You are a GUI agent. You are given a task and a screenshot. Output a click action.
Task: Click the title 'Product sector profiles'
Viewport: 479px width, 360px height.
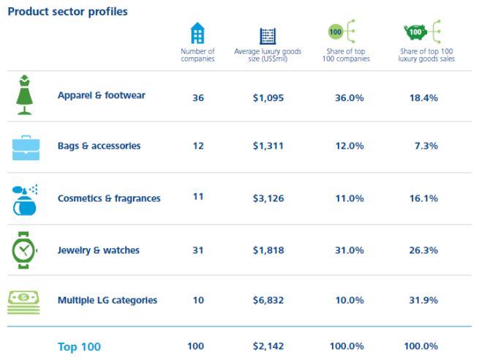pos(67,12)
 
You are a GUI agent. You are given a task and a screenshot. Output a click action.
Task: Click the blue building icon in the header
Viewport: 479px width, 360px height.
pos(197,34)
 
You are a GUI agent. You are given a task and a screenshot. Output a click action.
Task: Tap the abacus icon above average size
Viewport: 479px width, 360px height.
pos(268,36)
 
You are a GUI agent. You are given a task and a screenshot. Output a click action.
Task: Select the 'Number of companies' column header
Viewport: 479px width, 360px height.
pos(197,55)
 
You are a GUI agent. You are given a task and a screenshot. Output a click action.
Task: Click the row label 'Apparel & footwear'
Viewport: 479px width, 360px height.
pos(102,95)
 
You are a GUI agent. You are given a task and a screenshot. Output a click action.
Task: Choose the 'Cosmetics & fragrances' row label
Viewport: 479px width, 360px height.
pos(109,198)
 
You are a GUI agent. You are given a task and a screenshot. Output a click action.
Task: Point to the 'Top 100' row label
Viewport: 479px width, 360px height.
pos(79,347)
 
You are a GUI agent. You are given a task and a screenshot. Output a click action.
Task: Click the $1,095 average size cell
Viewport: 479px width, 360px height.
pos(268,96)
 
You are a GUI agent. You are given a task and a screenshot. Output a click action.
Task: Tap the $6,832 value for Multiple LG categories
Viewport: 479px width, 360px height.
pos(268,301)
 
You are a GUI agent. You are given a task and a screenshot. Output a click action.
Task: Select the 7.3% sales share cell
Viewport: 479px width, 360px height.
pos(426,146)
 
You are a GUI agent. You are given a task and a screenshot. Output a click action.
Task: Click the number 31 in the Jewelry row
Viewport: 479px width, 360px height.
pos(197,250)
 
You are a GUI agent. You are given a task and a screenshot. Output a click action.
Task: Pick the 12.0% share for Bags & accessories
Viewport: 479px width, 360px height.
pos(349,146)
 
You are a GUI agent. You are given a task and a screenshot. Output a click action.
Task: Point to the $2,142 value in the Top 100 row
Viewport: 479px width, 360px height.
pos(268,347)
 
